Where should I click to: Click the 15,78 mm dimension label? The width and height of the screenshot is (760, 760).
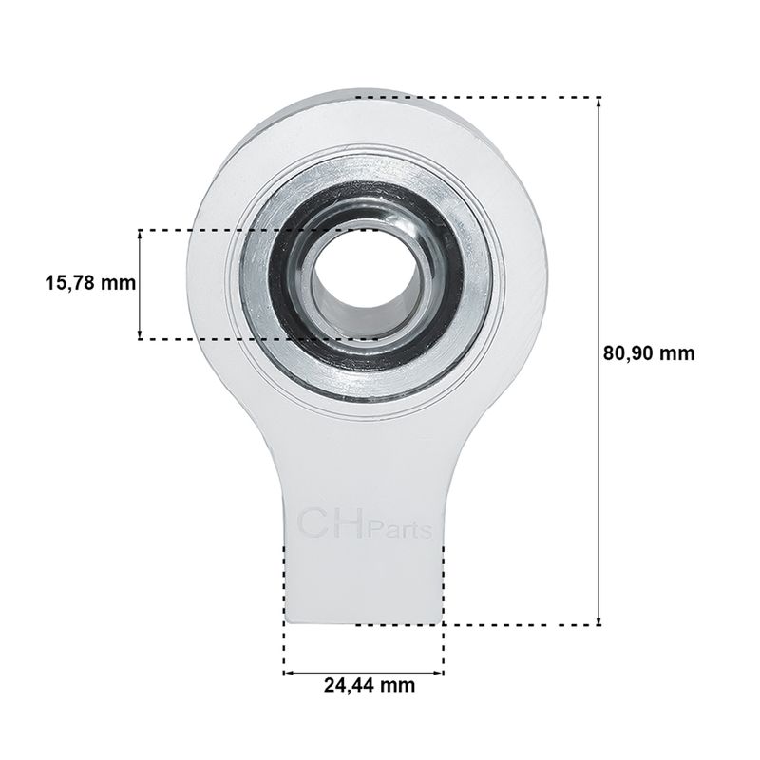[90, 282]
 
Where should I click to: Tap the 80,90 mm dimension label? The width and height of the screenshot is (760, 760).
[649, 353]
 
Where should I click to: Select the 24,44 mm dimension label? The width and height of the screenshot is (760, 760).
[370, 685]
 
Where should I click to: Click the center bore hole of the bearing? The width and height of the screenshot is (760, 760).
[364, 281]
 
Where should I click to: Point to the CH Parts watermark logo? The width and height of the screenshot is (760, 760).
[364, 523]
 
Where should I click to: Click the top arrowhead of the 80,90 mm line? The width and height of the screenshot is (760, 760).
[599, 102]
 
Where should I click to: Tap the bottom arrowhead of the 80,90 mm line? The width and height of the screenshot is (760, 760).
[599, 621]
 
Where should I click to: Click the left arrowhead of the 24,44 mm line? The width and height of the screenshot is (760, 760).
[288, 673]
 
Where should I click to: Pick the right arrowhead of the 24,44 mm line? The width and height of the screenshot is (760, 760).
[439, 673]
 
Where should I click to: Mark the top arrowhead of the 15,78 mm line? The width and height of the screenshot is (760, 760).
[140, 234]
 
